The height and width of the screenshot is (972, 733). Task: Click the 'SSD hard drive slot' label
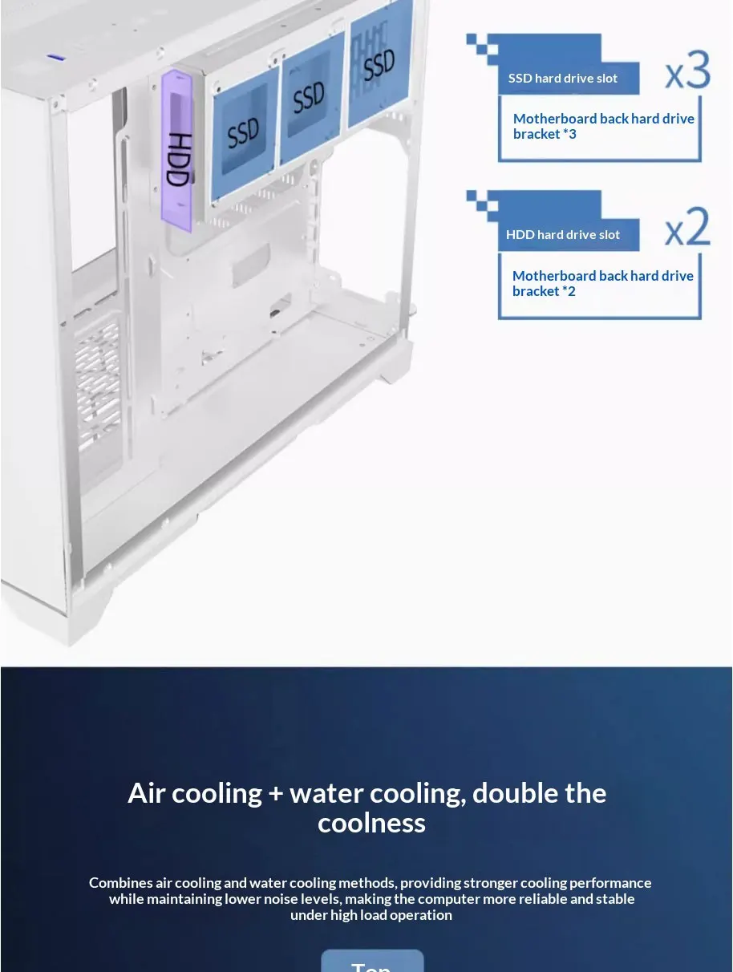563,79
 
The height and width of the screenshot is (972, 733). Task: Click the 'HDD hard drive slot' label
563,235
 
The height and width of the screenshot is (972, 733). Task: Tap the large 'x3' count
687,71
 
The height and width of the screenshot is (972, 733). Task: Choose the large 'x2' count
687,229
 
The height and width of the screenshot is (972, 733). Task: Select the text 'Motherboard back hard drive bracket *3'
603,126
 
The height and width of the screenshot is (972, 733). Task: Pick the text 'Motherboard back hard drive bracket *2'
602,283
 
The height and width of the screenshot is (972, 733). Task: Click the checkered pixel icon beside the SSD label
483,48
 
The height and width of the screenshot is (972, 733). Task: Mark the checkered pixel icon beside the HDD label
483,205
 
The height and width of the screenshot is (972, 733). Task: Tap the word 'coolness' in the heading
371,824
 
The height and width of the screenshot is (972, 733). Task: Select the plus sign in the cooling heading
276,794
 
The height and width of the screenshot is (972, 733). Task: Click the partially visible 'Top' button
372,962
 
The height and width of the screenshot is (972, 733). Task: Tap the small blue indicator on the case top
55,57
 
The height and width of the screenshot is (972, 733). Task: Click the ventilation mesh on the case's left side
97,377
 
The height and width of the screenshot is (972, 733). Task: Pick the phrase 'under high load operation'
371,915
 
